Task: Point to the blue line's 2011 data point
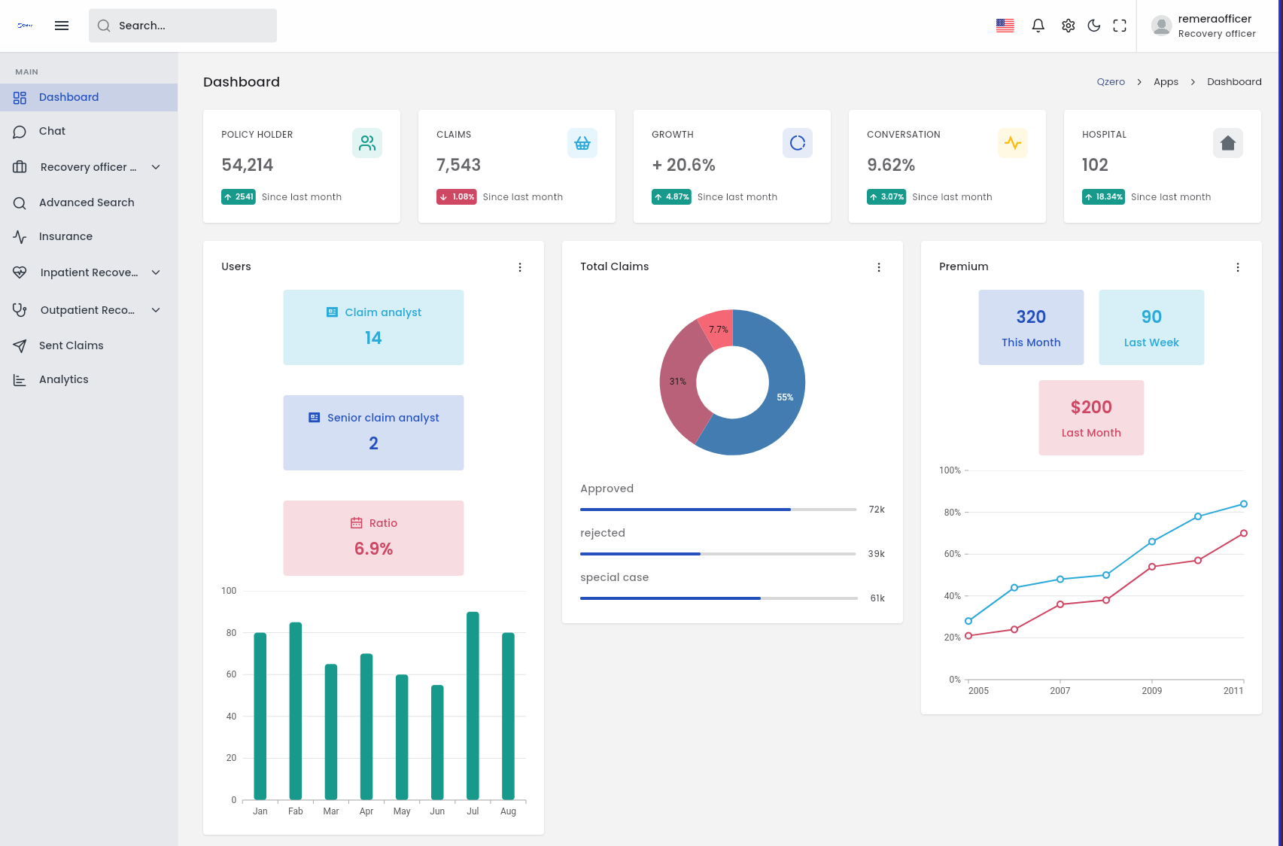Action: [1244, 504]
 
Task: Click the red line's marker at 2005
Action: [968, 636]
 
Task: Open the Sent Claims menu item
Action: [71, 345]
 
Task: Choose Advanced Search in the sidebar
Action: [87, 202]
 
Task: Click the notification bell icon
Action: [1038, 26]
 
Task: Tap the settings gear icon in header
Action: [1068, 26]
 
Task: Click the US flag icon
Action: [1005, 26]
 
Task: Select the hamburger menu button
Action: [62, 26]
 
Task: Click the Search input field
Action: [183, 26]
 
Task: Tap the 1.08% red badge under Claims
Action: [457, 197]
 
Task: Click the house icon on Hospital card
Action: [1227, 143]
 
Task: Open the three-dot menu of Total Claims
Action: [879, 267]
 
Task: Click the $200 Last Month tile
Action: [1091, 418]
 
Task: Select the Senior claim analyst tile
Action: [373, 433]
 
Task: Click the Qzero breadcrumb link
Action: [1111, 82]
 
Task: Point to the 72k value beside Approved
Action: [877, 510]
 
